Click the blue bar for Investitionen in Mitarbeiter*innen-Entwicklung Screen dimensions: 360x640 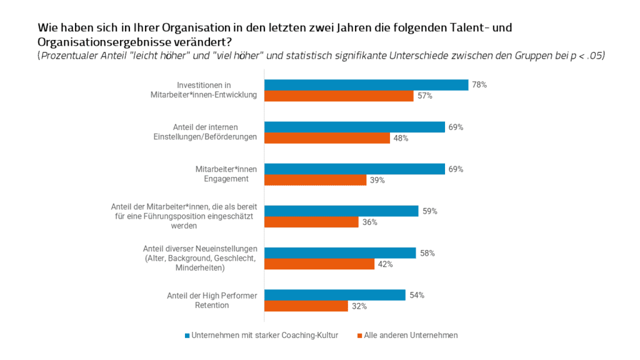tap(366, 85)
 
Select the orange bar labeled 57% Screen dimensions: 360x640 tap(339, 96)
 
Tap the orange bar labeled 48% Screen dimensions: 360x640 tap(327, 138)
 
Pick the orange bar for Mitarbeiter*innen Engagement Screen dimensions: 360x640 tap(315, 180)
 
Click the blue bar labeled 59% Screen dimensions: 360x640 tap(341, 211)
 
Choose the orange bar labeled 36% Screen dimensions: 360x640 tap(311, 222)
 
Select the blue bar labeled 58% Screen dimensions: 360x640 tap(340, 253)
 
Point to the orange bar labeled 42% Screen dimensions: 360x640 tap(319, 264)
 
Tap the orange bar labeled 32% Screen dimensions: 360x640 tap(306, 306)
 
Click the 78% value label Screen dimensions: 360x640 tap(479, 85)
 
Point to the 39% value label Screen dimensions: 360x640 tap(377, 180)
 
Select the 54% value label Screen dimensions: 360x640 tap(417, 295)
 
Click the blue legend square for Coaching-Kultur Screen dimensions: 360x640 tap(187, 336)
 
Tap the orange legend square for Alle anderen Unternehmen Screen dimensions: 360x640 tap(360, 336)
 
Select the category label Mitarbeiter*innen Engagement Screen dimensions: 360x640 tap(222, 174)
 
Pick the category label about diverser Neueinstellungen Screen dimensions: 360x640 tap(200, 258)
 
